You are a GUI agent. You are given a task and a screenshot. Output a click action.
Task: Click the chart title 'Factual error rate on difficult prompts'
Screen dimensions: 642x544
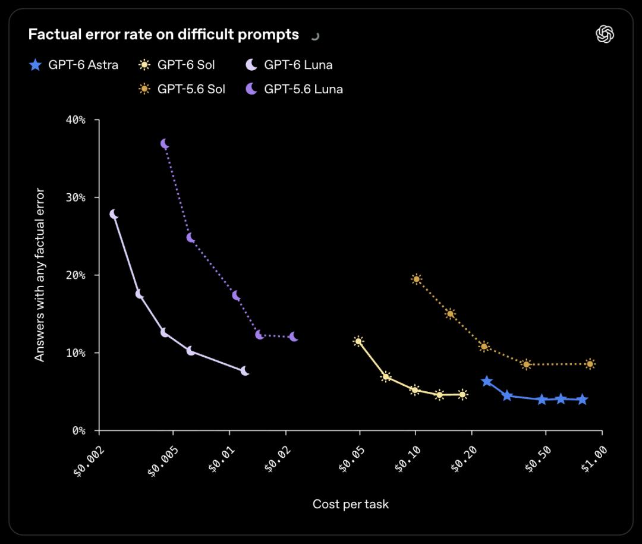[x=163, y=34]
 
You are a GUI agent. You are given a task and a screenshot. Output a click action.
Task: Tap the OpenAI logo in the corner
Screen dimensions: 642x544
[x=605, y=34]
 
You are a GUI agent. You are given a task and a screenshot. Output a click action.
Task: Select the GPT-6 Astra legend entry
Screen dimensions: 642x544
[x=74, y=65]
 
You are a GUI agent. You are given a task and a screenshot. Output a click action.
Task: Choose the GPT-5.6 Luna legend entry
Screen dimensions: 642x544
[x=294, y=89]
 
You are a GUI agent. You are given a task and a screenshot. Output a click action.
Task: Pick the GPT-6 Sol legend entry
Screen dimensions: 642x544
[x=177, y=65]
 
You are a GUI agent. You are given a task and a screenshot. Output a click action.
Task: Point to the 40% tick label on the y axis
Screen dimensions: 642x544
[x=75, y=120]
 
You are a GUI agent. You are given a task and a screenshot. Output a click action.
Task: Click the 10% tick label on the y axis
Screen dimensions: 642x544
[x=75, y=353]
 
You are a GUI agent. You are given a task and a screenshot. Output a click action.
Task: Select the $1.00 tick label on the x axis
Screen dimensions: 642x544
[x=594, y=459]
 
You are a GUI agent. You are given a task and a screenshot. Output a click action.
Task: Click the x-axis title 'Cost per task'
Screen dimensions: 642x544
[x=351, y=504]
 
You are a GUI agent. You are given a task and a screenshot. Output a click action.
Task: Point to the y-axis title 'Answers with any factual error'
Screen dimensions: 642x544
[x=39, y=275]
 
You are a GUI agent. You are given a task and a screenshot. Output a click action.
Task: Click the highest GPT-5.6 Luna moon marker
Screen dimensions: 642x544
[x=165, y=144]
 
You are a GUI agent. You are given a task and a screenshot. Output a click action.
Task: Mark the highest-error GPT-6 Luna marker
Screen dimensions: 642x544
[x=114, y=214]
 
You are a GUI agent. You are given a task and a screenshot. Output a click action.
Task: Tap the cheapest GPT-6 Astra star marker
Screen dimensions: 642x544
[x=486, y=381]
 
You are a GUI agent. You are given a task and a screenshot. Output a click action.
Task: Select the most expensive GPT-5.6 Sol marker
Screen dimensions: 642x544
[x=590, y=364]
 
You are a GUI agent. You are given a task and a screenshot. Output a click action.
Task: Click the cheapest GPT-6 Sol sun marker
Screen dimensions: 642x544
[x=358, y=341]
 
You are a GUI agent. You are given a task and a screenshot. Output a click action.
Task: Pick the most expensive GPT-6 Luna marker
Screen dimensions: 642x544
[x=244, y=371]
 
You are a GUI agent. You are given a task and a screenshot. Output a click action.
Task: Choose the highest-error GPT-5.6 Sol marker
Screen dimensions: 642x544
[x=416, y=279]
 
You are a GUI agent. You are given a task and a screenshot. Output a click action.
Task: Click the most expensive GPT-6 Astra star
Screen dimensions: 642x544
[x=582, y=400]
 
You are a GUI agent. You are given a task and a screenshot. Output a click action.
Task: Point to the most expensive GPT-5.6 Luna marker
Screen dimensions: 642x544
[x=294, y=337]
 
